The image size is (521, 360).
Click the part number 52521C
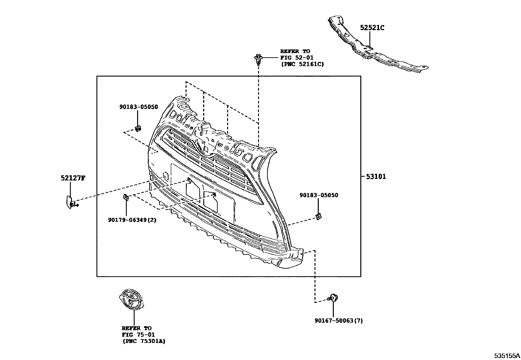pos(372,28)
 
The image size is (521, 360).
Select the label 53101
pos(376,177)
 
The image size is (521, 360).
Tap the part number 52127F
pos(73,178)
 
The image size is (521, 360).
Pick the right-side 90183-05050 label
pos(318,195)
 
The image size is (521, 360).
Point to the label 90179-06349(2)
pos(132,220)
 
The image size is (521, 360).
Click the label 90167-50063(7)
pos(338,321)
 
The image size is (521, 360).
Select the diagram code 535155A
pos(507,355)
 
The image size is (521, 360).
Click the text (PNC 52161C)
pos(302,64)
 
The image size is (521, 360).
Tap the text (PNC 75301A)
pos(144,341)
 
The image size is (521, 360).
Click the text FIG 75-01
pos(138,335)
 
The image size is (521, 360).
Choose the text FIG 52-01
pos(296,58)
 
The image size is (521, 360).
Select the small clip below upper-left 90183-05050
pos(138,128)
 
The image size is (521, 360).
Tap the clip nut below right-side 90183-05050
pos(318,216)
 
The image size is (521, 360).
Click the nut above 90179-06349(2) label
pos(126,197)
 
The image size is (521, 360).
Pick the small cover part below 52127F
pos(70,201)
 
